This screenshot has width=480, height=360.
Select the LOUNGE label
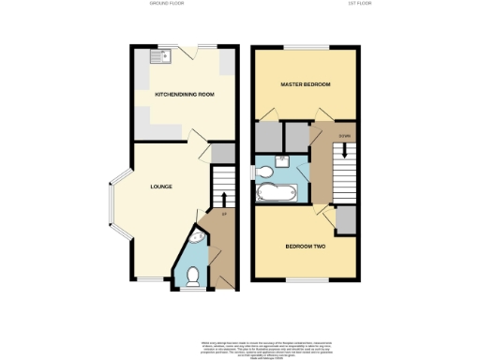click(161, 187)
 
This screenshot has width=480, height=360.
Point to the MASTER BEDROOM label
click(306, 85)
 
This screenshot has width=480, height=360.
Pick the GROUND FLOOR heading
click(166, 4)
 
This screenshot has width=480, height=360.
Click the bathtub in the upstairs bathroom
click(276, 195)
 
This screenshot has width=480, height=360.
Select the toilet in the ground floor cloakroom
click(192, 276)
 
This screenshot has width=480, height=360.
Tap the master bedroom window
click(307, 47)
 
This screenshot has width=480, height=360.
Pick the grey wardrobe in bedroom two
click(346, 220)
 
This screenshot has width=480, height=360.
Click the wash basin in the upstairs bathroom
click(283, 160)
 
